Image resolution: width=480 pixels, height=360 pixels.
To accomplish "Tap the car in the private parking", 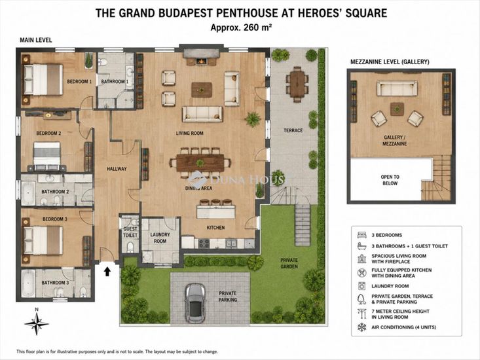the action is tap(196, 303).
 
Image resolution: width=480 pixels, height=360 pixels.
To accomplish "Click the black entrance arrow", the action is tap(107, 272).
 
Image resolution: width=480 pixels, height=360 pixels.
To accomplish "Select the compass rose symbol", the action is tap(37, 323).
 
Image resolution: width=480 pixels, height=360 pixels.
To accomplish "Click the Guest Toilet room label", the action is tap(130, 232).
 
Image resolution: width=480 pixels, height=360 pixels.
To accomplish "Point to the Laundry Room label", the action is tap(160, 238).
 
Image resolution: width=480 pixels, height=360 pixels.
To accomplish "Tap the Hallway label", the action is tap(117, 168).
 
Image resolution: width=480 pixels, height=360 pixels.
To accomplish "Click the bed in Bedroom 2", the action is tap(47, 156).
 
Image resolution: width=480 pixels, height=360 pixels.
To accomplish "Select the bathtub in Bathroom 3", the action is tap(28, 283).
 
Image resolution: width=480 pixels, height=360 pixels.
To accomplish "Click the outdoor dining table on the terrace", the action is tap(297, 84).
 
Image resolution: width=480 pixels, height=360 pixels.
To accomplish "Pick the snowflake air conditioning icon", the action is tap(362, 327).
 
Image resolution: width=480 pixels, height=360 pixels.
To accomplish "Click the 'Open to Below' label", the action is tap(390, 180).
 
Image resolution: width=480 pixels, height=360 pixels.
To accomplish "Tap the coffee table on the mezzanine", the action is tap(397, 109).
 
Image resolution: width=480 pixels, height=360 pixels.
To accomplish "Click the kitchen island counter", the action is tap(216, 211).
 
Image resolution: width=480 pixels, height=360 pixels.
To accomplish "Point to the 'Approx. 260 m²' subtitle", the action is tap(241, 27).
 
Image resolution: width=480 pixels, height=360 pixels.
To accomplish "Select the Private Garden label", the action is tap(289, 263).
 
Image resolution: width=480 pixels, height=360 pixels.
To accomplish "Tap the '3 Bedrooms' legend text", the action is tap(386, 235).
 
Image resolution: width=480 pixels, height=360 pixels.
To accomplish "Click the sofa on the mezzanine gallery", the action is tap(397, 88).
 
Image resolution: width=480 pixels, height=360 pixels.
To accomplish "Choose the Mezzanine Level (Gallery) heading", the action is tap(390, 62).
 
